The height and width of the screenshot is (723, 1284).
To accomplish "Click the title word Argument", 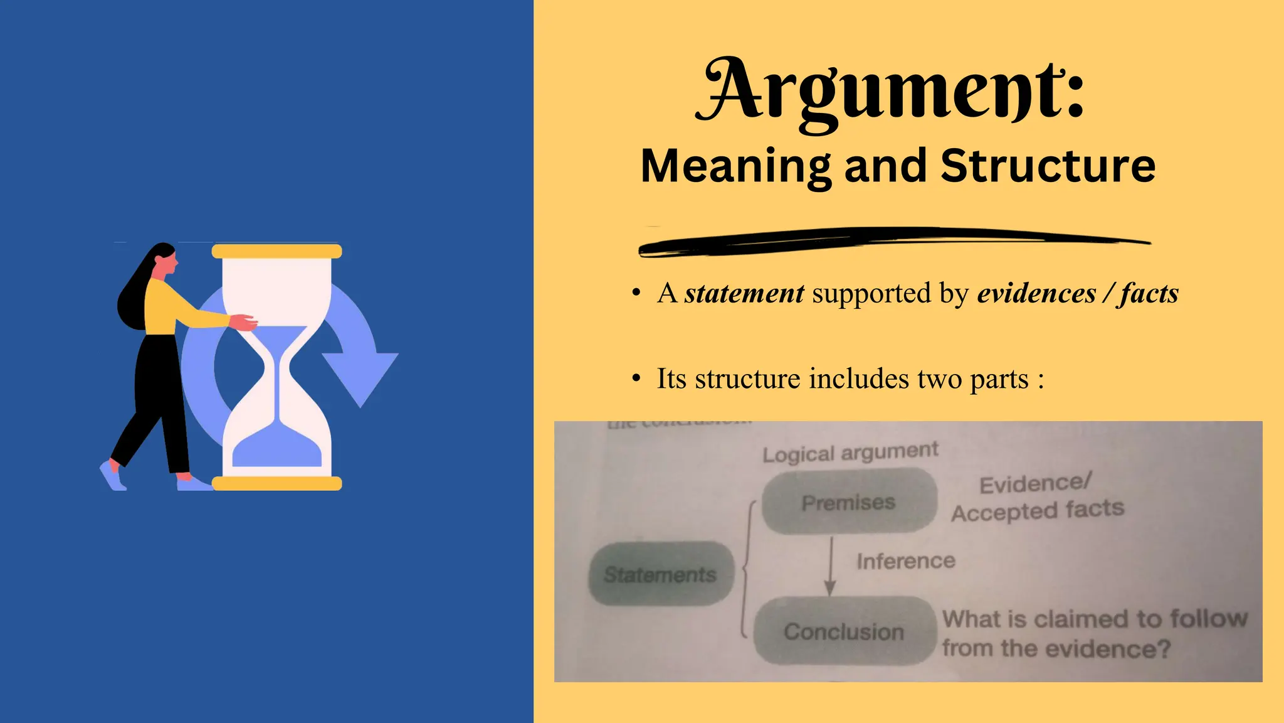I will (x=890, y=91).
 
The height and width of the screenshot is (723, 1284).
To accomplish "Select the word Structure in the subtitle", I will (x=1048, y=166).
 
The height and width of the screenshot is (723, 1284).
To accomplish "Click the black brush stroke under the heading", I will (x=890, y=242).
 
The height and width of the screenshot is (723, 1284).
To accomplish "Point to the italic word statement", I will (x=744, y=293).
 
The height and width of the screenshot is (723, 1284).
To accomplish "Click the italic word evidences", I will (x=1036, y=293).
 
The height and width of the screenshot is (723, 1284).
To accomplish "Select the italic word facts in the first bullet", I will (x=1150, y=293).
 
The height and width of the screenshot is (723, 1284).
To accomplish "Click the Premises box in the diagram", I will (x=849, y=502).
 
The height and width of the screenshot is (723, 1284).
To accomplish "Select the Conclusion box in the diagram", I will (x=844, y=631).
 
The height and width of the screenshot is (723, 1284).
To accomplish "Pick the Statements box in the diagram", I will (x=660, y=574).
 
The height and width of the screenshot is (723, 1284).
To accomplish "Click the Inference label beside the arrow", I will (x=906, y=560).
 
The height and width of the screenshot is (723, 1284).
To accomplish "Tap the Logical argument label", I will (x=850, y=452).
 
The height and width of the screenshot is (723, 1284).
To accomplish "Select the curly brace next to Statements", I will (x=746, y=568).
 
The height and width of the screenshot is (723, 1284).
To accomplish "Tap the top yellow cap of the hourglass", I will (x=276, y=252).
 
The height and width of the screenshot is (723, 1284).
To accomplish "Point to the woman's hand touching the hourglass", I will (x=244, y=323).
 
